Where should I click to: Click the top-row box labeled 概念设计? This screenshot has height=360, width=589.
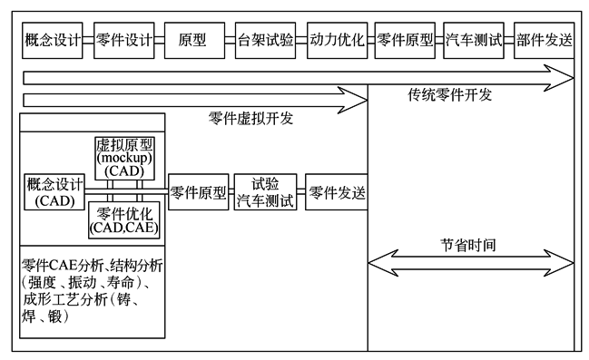tap(52, 41)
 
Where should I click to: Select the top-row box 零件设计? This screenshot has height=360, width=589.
tap(123, 41)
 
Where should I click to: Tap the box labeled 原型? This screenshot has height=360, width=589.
tap(192, 41)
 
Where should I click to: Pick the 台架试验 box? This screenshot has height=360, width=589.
tap(265, 41)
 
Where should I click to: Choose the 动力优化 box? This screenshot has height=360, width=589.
tap(336, 41)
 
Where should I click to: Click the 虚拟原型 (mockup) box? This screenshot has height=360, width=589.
tap(127, 156)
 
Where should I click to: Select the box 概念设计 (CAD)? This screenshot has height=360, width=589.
tap(54, 192)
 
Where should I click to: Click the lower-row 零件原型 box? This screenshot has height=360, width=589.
tap(197, 192)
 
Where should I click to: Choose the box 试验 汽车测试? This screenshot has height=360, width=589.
tap(265, 192)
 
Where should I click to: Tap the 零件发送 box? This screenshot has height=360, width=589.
tap(336, 192)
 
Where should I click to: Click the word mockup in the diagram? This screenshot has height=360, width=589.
tap(127, 157)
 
